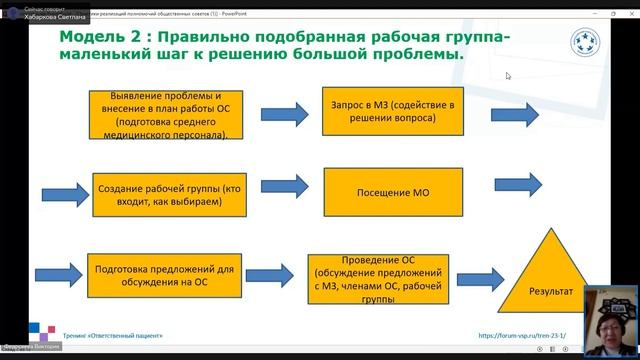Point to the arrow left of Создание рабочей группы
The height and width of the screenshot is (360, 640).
[x=65, y=194]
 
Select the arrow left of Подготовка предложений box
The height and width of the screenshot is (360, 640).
[x=57, y=274]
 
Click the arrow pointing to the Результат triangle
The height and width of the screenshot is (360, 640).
[x=484, y=277]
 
